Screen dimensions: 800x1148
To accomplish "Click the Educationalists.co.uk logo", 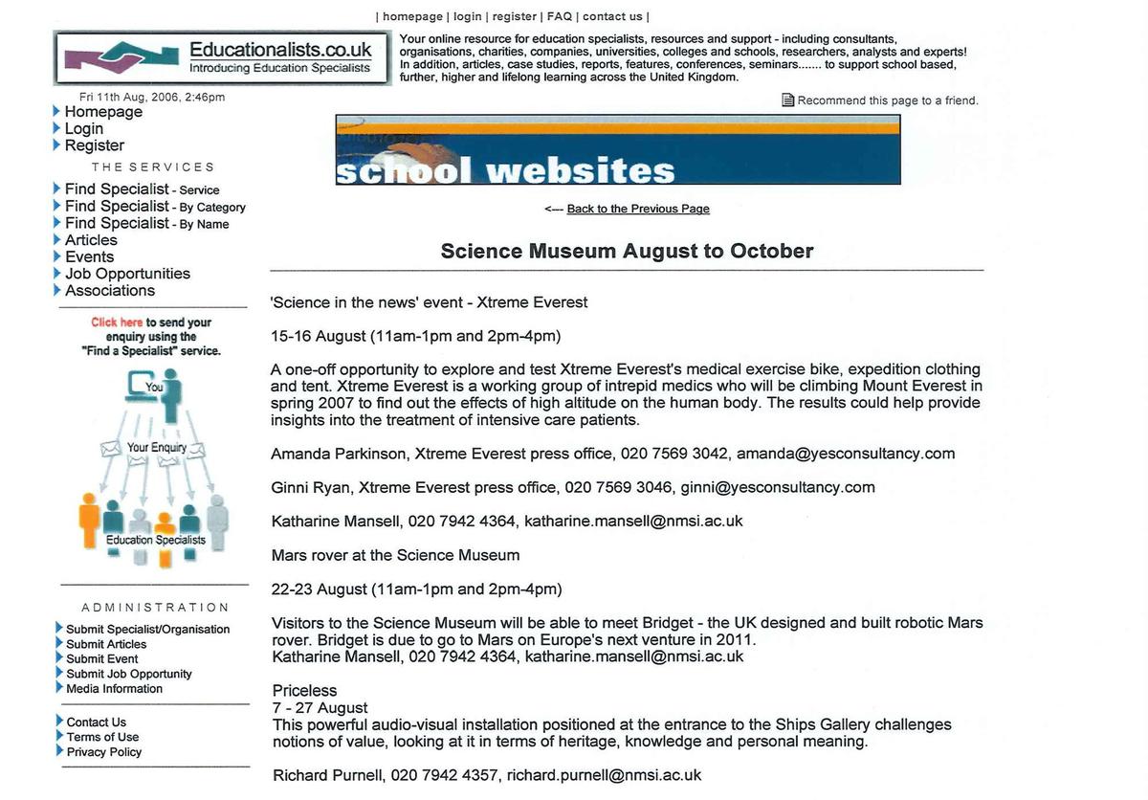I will pos(222,57).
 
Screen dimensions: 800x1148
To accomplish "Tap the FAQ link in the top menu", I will pos(560,16).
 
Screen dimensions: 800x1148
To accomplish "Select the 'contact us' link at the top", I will pos(612,16).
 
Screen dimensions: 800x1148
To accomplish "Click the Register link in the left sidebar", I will pos(94,145).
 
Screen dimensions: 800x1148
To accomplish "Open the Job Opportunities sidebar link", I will pos(127,274).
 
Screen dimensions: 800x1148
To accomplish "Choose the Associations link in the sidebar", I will pos(109,291).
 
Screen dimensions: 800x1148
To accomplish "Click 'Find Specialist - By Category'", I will pos(155,207).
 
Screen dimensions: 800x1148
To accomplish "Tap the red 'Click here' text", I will pos(117,322).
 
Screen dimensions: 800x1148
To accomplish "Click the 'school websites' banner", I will pos(617,150).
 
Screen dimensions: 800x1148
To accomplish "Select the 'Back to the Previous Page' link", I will pos(638,209).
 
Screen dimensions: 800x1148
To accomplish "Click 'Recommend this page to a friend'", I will pos(887,100).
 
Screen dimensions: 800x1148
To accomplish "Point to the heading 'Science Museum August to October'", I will pos(627,252).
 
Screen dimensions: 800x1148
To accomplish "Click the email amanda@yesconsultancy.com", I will pos(846,454).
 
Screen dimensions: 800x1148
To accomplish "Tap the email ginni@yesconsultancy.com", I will pos(778,487).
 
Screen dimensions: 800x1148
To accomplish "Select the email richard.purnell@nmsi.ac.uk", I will pos(604,775).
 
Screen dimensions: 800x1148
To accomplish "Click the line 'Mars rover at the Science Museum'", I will pos(395,555).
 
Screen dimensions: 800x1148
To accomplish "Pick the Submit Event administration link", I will pos(101,658).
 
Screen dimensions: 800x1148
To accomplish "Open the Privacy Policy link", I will pos(103,752).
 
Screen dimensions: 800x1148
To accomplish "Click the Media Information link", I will pos(114,689).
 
